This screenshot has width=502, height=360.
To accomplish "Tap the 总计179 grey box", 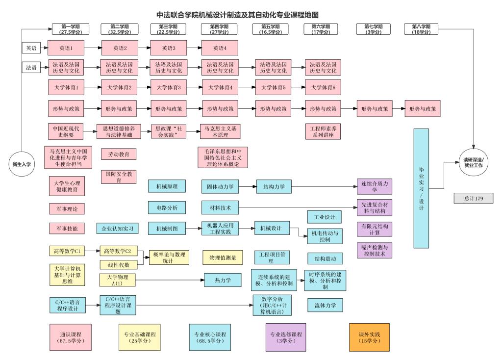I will click(x=473, y=198).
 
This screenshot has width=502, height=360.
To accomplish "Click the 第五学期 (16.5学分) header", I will click(x=271, y=29).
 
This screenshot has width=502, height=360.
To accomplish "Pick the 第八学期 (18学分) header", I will click(x=421, y=29).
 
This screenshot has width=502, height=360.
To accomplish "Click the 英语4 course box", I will click(x=219, y=48).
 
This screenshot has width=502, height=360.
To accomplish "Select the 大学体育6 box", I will click(x=323, y=87).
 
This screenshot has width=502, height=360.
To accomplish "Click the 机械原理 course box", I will click(x=167, y=186).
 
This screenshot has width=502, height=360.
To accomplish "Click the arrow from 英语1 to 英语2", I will click(x=93, y=48).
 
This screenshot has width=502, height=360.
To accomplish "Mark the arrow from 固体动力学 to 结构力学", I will click(x=245, y=186).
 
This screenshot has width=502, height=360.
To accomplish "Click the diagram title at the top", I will click(x=240, y=15).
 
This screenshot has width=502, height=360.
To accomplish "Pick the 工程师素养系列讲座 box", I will click(x=323, y=131).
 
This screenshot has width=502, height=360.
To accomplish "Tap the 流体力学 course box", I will click(x=325, y=305).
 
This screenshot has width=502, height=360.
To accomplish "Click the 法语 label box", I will click(x=29, y=67).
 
